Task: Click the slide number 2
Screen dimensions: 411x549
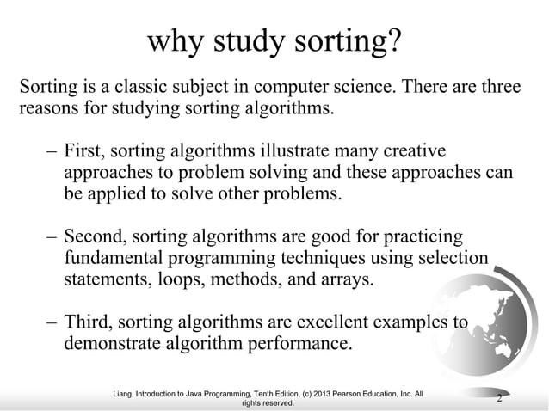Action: (500, 396)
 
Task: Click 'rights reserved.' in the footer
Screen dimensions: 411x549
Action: (268, 402)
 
